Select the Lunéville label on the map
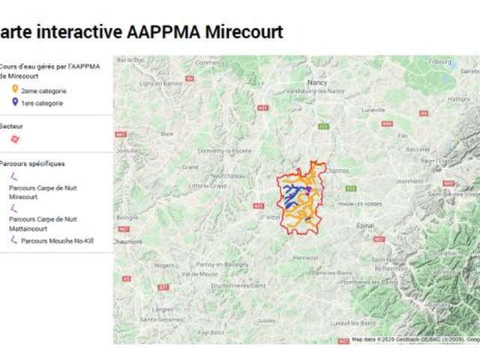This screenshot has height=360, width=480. (373, 109)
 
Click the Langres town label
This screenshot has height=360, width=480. (163, 308)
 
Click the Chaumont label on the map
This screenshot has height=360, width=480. (127, 241)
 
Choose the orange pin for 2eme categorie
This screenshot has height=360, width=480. (15, 91)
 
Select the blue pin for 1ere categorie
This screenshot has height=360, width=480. (15, 103)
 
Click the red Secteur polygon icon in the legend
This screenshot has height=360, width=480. (15, 139)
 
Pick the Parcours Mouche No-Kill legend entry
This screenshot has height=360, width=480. (56, 241)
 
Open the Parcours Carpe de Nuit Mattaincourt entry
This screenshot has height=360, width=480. (43, 223)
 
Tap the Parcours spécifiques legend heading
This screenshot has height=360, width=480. (32, 163)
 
